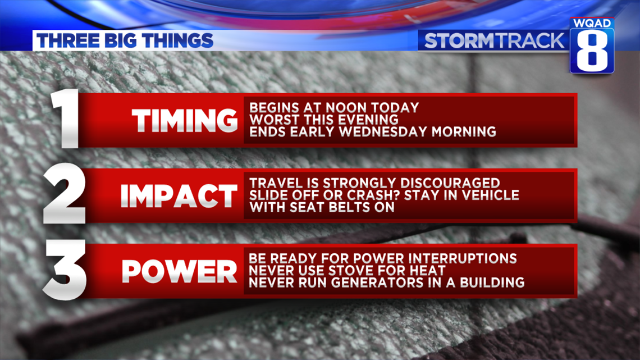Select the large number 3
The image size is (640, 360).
[x=65, y=270]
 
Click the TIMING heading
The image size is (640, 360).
[x=185, y=120]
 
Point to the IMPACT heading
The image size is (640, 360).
[x=179, y=196]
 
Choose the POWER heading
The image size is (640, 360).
[x=180, y=271]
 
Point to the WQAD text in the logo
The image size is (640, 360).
[x=592, y=23]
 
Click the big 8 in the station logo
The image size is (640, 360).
[x=592, y=50]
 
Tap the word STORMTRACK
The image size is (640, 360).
[x=494, y=41]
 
